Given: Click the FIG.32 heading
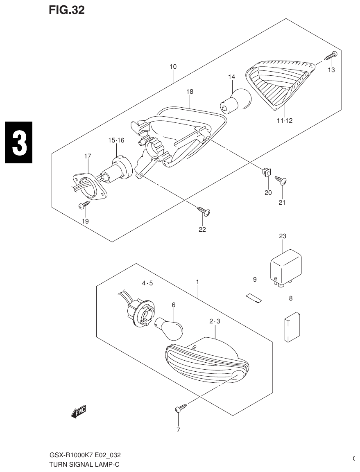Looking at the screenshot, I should coord(66,10).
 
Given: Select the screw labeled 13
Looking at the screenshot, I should coord(331,56).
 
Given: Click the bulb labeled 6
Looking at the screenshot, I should coord(172,326).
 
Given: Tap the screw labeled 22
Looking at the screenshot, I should coord(204,211).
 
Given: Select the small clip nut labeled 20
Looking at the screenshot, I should coord(265,173).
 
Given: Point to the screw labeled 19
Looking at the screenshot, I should coord(85,205).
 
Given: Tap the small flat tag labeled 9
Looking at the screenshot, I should coord(254,298).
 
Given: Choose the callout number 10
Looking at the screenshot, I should coord(173,66).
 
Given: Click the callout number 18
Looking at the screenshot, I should coord(190,92).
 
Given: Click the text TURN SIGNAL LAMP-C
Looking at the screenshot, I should coord(84,465).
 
